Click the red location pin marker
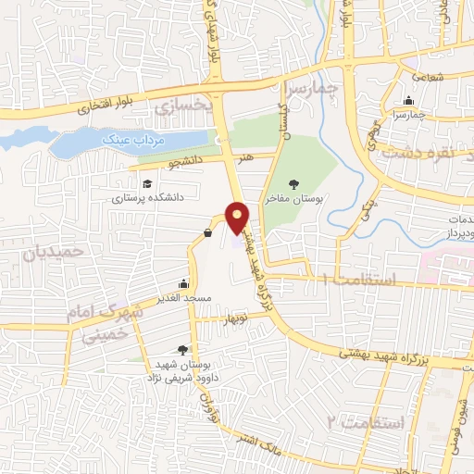(238, 218)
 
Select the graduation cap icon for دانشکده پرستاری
(148, 182)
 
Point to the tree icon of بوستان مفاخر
(294, 184)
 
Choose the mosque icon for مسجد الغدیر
(184, 284)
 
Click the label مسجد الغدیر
(185, 298)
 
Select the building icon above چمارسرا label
(409, 102)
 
